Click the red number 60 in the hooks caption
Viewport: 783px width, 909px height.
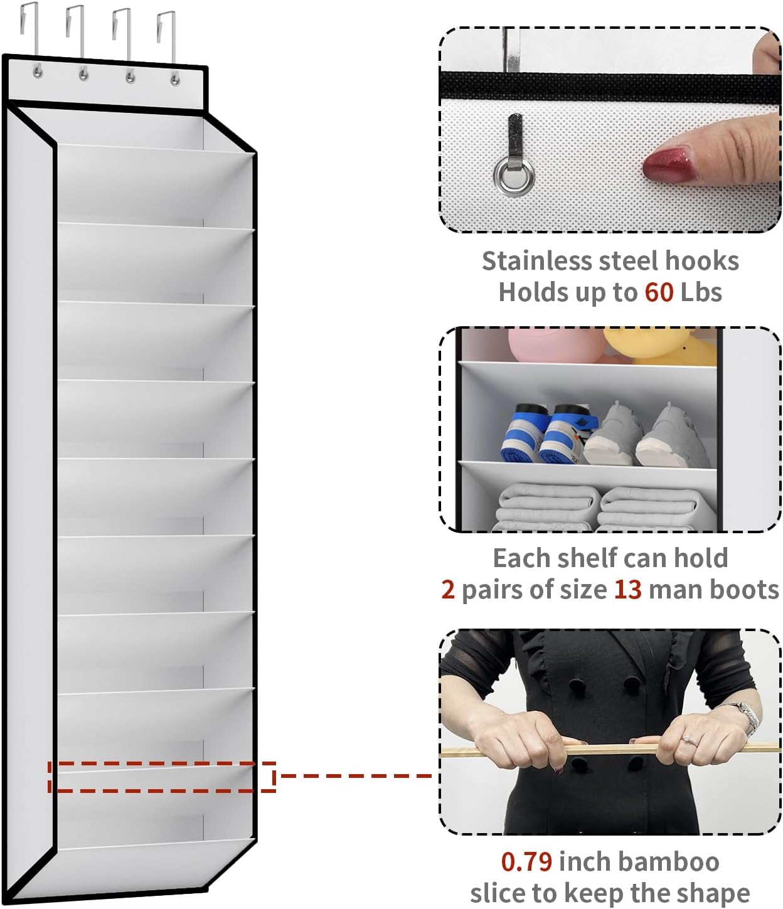pyautogui.click(x=659, y=292)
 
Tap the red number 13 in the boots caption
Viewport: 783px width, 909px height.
pyautogui.click(x=627, y=590)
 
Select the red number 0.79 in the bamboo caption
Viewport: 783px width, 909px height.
pyautogui.click(x=526, y=862)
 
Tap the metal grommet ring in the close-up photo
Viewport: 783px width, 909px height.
pyautogui.click(x=514, y=176)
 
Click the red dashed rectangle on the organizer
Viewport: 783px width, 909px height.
pyautogui.click(x=162, y=777)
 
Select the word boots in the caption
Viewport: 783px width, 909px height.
pyautogui.click(x=747, y=590)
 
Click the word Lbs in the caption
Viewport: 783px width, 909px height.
pyautogui.click(x=701, y=292)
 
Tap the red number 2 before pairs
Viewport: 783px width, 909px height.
pyautogui.click(x=447, y=590)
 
